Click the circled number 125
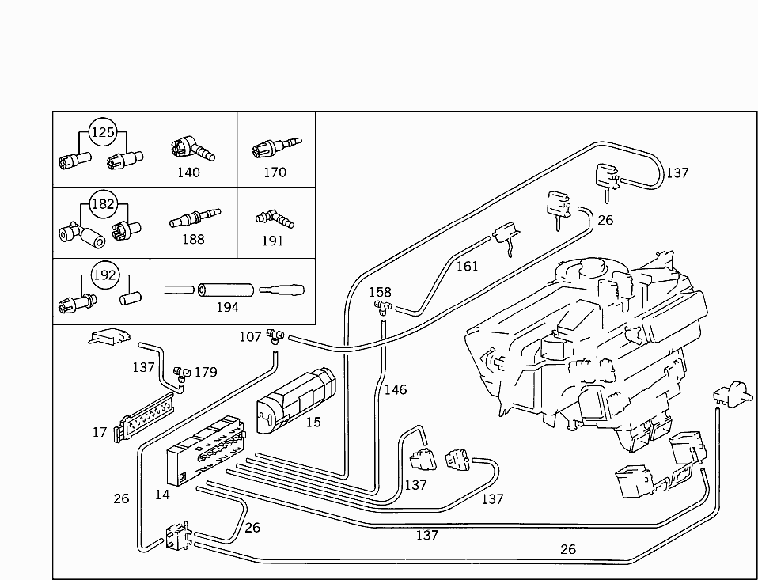coord(102,132)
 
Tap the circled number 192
coord(104,276)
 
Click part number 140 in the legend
coord(188,172)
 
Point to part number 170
coord(275,172)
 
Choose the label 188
coord(193,239)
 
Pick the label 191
coord(272,241)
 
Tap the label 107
coord(250,337)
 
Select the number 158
coord(380,292)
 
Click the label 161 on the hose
coord(467,266)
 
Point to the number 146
coord(396,389)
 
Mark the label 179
coord(205,372)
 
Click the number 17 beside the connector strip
coord(100,432)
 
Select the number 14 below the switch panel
coord(162,495)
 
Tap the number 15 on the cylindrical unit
coord(313,422)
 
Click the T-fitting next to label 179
coord(181,371)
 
